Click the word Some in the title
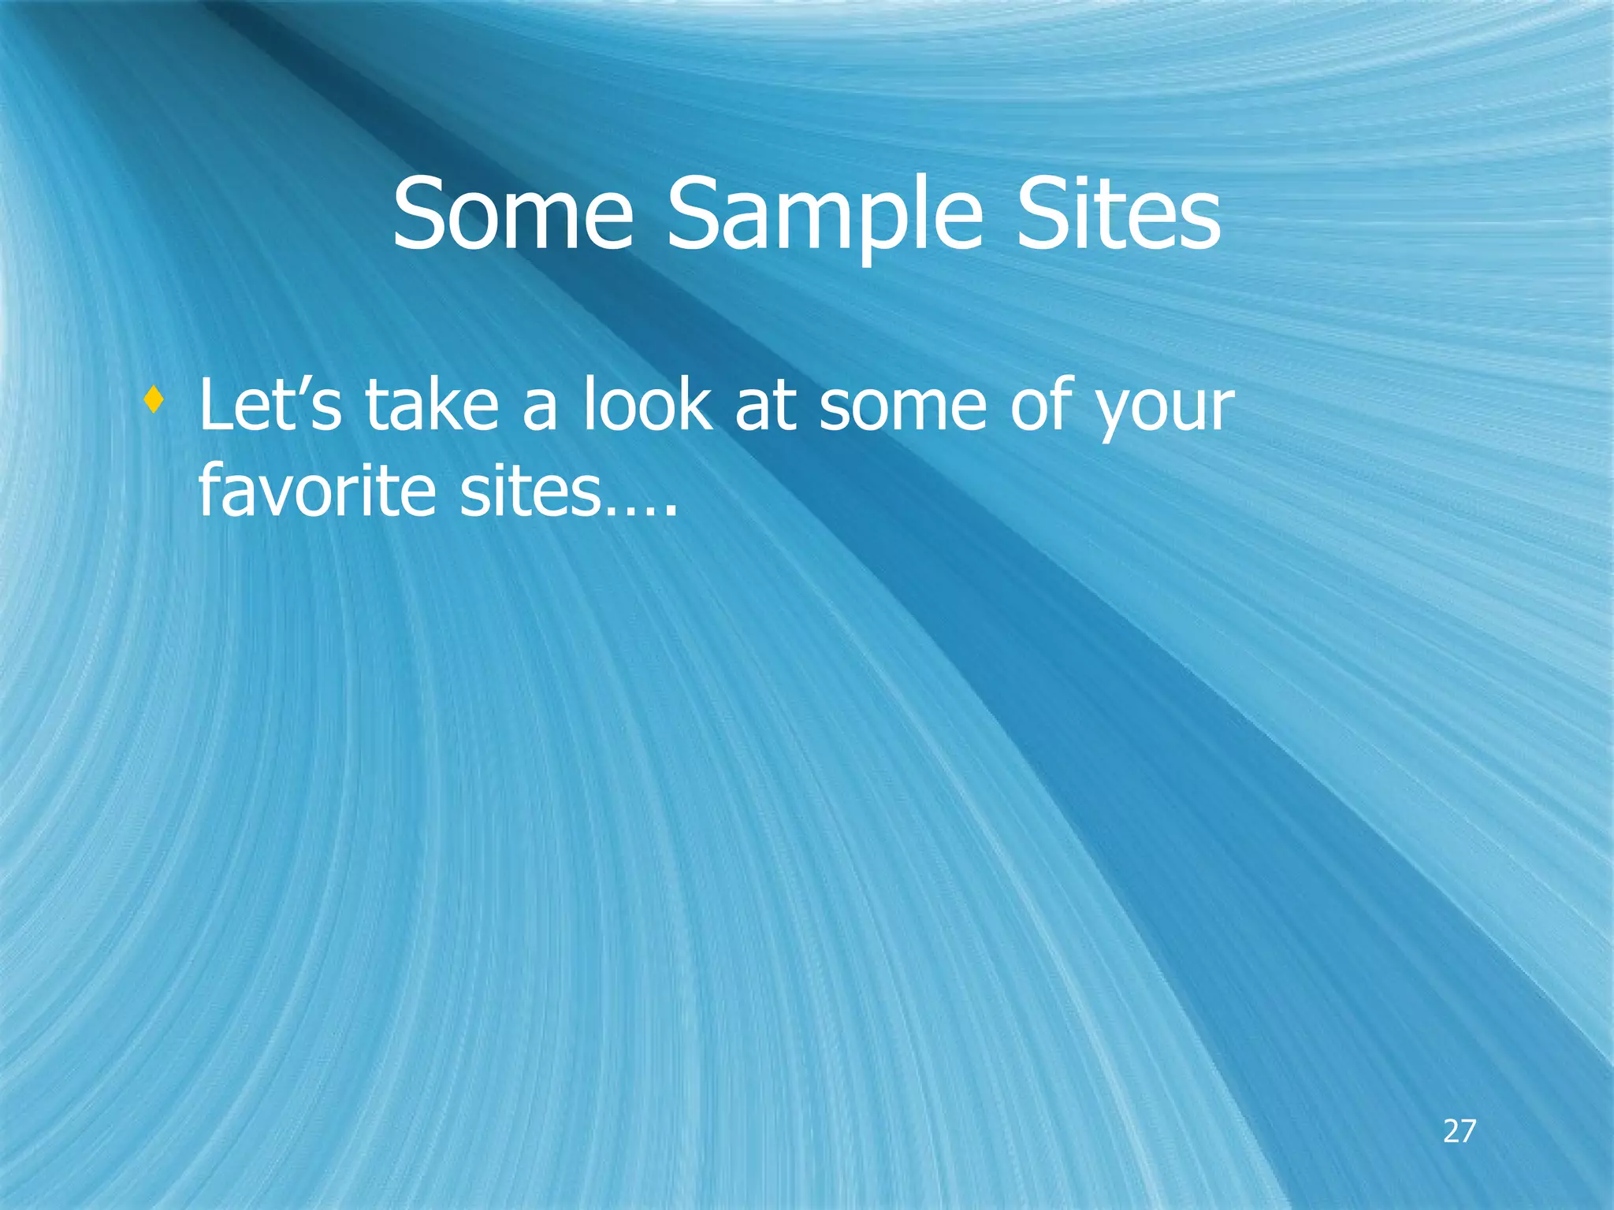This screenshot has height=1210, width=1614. [512, 214]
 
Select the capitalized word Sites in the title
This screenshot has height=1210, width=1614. [1118, 214]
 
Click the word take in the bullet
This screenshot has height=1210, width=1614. [432, 405]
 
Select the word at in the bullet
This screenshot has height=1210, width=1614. [765, 406]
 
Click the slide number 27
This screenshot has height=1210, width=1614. [1459, 1131]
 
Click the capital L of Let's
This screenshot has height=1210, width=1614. [216, 405]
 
